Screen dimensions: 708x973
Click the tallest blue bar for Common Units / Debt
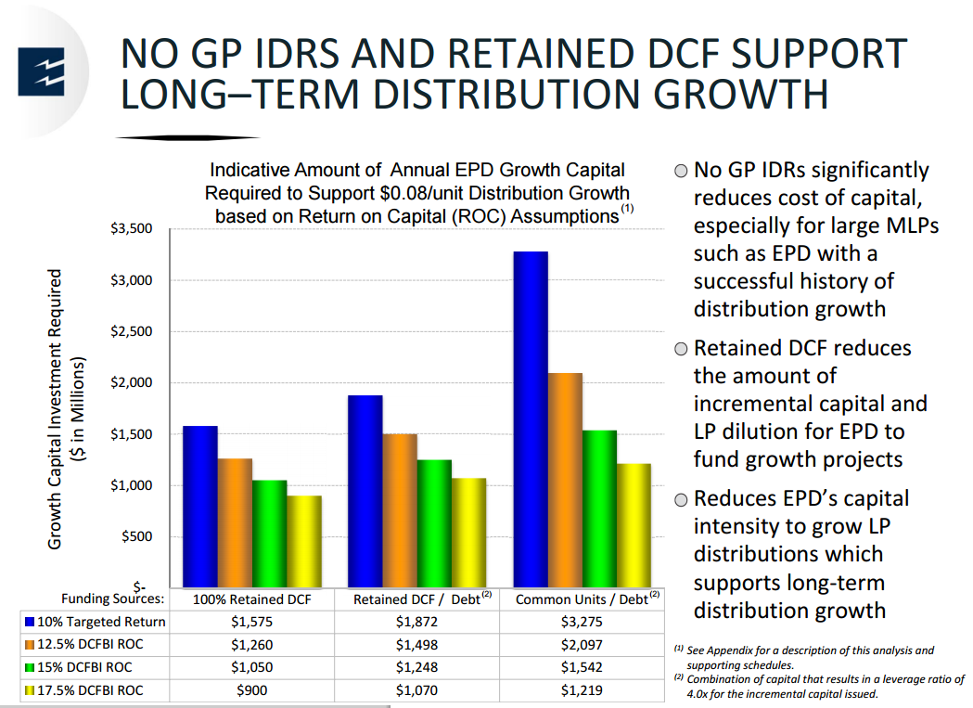click(531, 418)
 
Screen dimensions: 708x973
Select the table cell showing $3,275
click(581, 622)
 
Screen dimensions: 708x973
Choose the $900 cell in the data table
click(250, 690)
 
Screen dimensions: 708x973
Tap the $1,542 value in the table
click(581, 668)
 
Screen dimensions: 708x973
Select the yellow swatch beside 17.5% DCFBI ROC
click(32, 691)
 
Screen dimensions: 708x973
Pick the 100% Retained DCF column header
click(250, 599)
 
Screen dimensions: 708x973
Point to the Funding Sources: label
click(112, 599)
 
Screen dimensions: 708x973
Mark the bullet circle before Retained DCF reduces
click(681, 350)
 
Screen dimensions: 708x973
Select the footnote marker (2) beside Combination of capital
click(679, 677)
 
